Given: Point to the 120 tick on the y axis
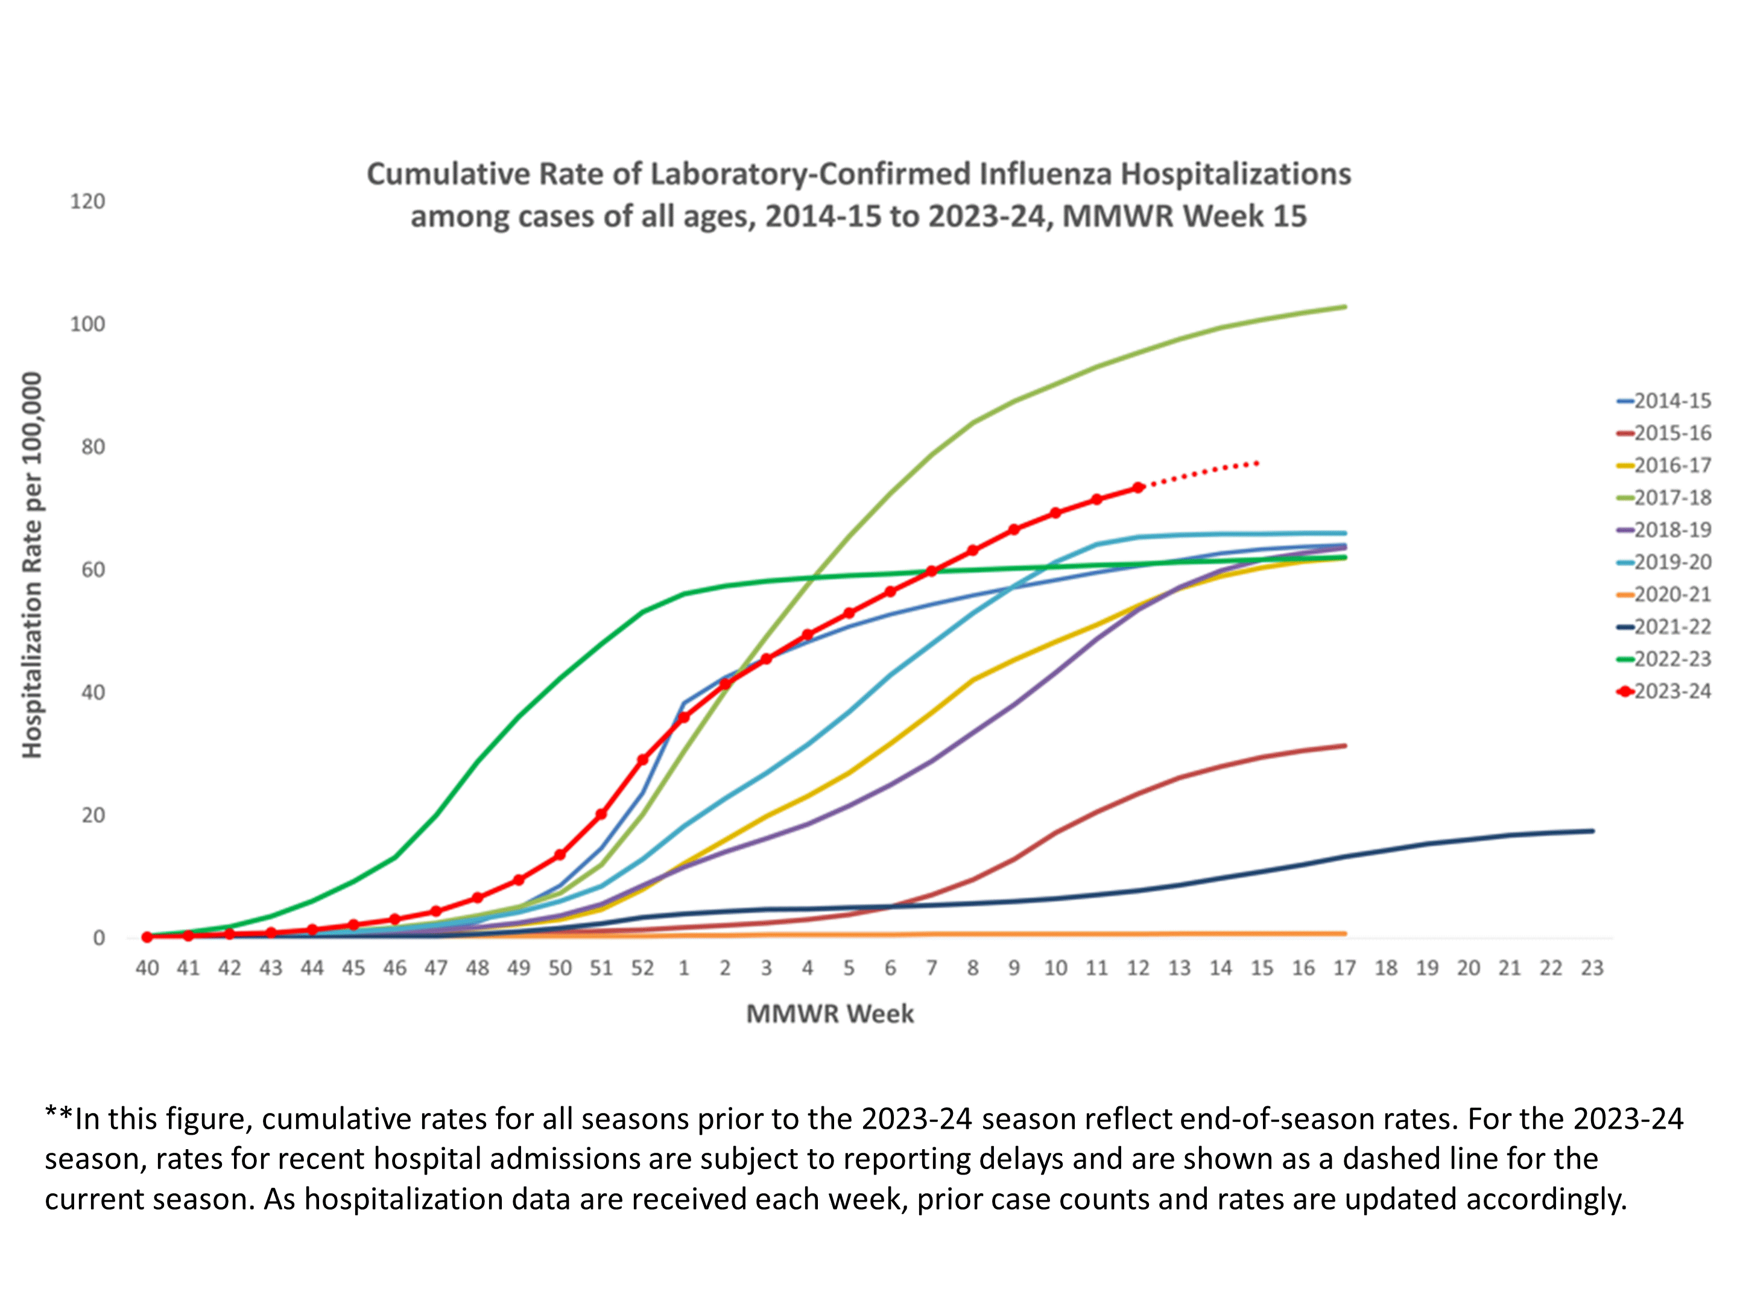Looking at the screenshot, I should (87, 202).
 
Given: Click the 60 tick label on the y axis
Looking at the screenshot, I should (93, 570).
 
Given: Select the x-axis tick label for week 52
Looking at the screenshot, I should (642, 968).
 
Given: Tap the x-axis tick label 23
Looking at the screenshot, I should (1592, 968).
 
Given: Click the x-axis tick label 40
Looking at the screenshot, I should (147, 968).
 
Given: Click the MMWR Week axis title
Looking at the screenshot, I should (829, 1014).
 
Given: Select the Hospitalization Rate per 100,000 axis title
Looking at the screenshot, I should (31, 565).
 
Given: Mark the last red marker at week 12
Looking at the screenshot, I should (1138, 488).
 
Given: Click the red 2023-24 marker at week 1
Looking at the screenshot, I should (683, 717).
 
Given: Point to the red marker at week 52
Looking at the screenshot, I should (642, 759).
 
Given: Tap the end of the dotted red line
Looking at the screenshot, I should (1258, 463).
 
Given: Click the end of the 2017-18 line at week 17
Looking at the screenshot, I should (1345, 307).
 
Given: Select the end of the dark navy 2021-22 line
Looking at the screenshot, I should (1592, 831).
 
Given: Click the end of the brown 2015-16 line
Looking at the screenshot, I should (1345, 746).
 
